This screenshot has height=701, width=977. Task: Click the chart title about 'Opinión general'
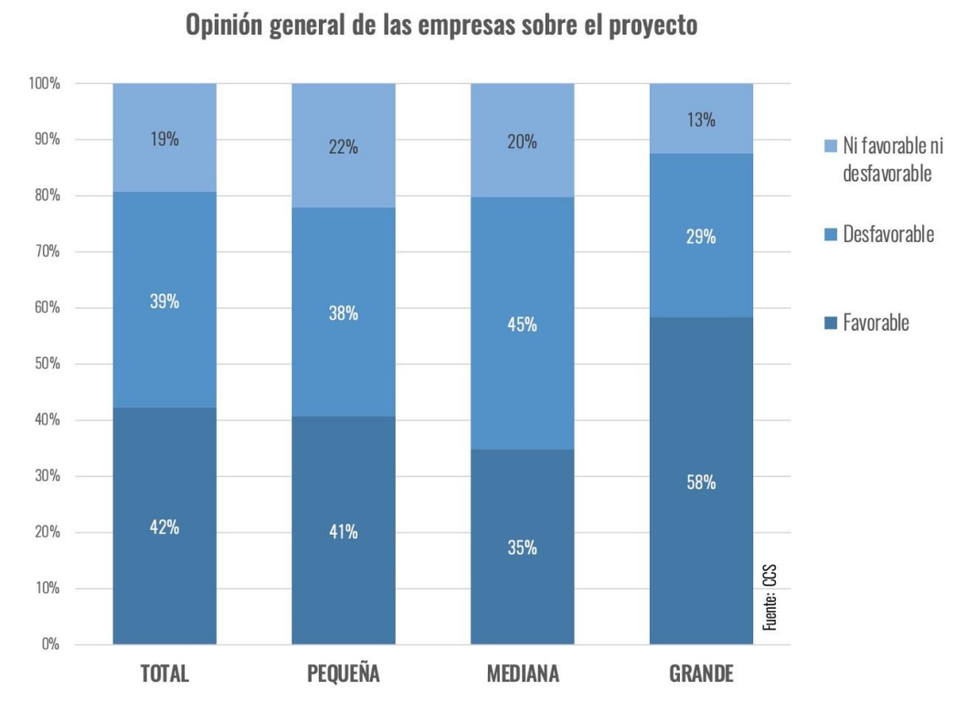pos(441,26)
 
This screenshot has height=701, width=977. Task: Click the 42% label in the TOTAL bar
pos(165,527)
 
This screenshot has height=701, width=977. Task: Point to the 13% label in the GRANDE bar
pos(701,120)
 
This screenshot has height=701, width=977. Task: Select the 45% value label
pos(523,324)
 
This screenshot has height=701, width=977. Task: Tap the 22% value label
pos(344,148)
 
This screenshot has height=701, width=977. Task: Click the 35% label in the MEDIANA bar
pos(523,548)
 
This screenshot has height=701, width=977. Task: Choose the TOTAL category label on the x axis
pos(165,674)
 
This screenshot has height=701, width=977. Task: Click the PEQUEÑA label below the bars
pos(344,674)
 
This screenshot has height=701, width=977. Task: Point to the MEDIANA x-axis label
pos(523,674)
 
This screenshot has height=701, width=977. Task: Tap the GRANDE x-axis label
pos(701,674)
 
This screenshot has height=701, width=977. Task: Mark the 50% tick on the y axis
pos(47,364)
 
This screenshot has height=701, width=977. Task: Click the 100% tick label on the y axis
pos(44,84)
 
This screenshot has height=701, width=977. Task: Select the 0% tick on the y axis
pos(50,644)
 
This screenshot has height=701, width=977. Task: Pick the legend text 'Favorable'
pos(876,323)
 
